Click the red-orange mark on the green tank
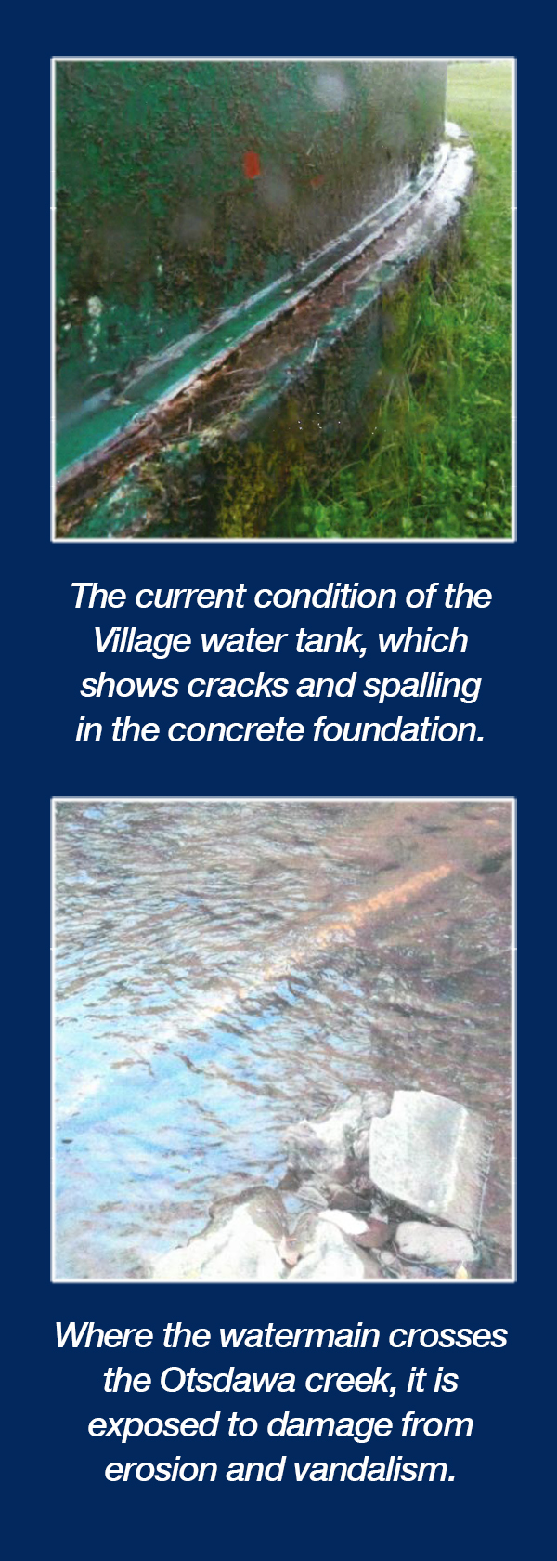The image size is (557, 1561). coord(252,164)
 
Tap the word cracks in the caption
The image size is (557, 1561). coord(237,686)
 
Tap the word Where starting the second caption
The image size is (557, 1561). coord(104,1336)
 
